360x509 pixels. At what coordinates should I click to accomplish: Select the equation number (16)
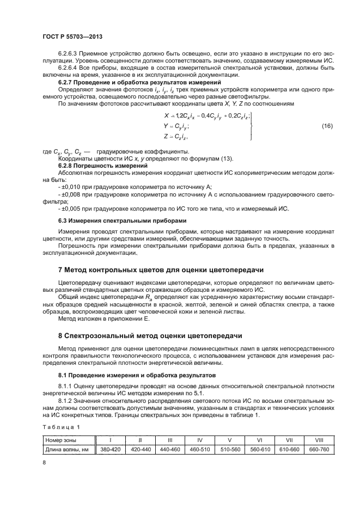click(x=327, y=126)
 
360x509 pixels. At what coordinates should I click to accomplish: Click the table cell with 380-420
click(x=111, y=449)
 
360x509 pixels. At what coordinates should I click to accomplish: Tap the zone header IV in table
click(x=200, y=439)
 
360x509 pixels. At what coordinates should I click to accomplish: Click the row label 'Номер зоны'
click(x=61, y=439)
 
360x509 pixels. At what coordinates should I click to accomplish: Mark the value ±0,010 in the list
click(x=70, y=186)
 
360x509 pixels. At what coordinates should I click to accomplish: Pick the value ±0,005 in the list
click(x=70, y=209)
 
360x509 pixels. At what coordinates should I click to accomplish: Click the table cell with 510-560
click(x=230, y=449)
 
